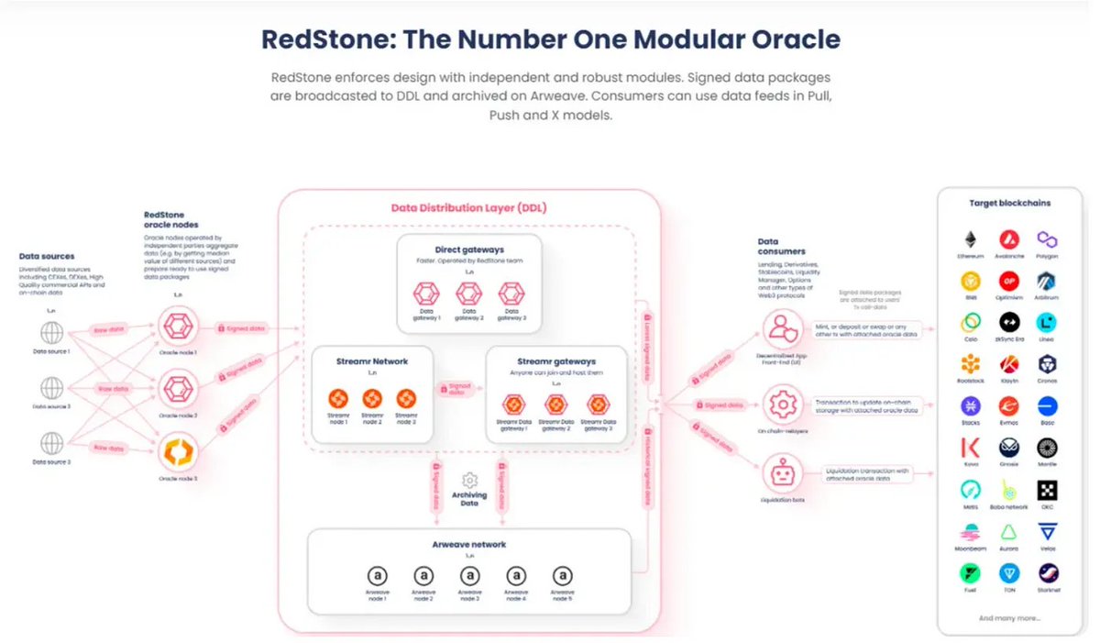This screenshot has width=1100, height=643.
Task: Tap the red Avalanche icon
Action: tap(1009, 240)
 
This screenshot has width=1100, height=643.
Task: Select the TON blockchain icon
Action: tap(1009, 573)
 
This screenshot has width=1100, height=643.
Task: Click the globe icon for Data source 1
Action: tap(51, 331)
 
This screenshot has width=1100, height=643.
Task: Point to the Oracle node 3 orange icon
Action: tap(178, 452)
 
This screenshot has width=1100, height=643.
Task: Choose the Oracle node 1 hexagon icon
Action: tap(178, 324)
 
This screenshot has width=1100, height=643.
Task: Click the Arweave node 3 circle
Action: tap(469, 576)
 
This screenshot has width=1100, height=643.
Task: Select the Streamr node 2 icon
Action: tap(371, 400)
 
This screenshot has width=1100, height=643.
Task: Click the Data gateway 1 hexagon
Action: tap(425, 294)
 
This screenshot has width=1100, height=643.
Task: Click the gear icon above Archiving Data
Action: tap(469, 480)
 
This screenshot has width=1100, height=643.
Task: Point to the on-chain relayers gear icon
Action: tap(782, 404)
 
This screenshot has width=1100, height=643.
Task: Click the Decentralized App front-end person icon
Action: tap(782, 329)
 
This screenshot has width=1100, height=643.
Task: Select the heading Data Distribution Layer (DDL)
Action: tap(469, 207)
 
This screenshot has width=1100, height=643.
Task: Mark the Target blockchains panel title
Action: tap(1009, 203)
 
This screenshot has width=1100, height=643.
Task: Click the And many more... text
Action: tap(1009, 618)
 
